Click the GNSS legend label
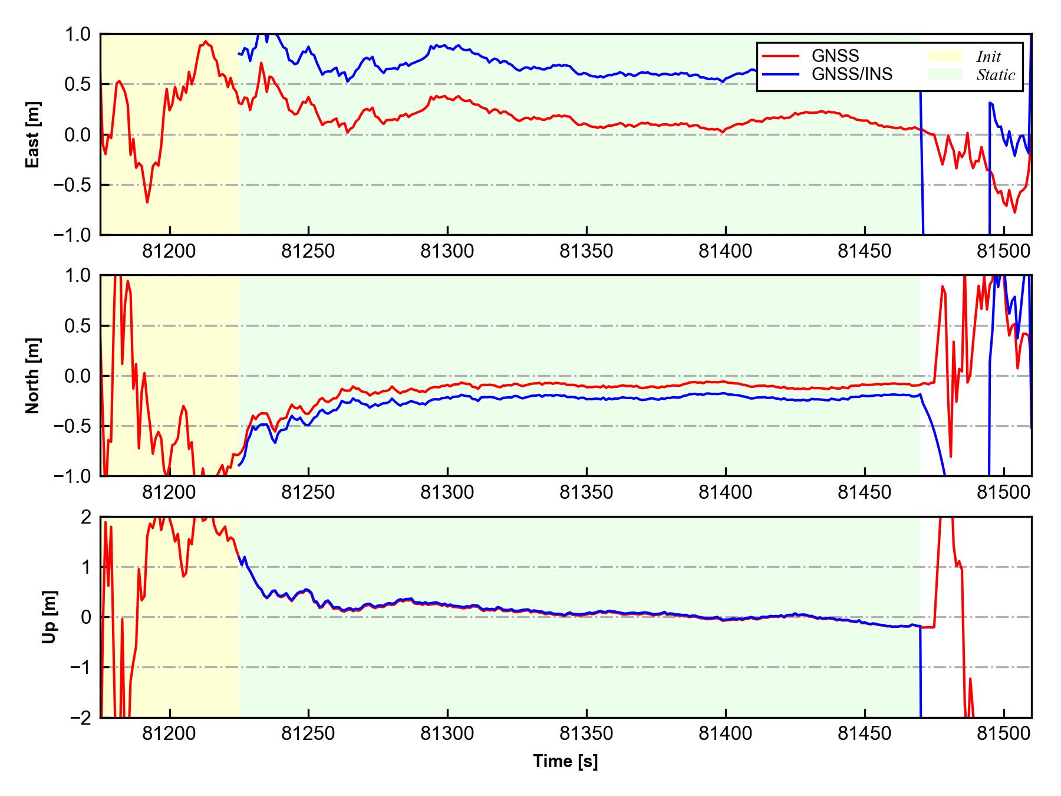click(x=835, y=56)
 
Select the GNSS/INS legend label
click(x=852, y=74)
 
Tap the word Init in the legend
click(x=988, y=57)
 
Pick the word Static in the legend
click(x=996, y=75)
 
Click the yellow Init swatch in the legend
click(x=944, y=56)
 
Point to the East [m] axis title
click(x=33, y=134)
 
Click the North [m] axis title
click(x=33, y=376)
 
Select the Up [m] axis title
click(x=50, y=617)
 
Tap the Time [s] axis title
click(x=565, y=761)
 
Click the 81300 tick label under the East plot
click(x=447, y=252)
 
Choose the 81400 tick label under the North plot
click(x=725, y=493)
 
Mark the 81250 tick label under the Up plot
click(x=308, y=734)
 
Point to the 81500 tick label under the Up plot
click(x=1003, y=734)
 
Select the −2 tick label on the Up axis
click(x=81, y=718)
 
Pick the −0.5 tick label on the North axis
click(x=73, y=426)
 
